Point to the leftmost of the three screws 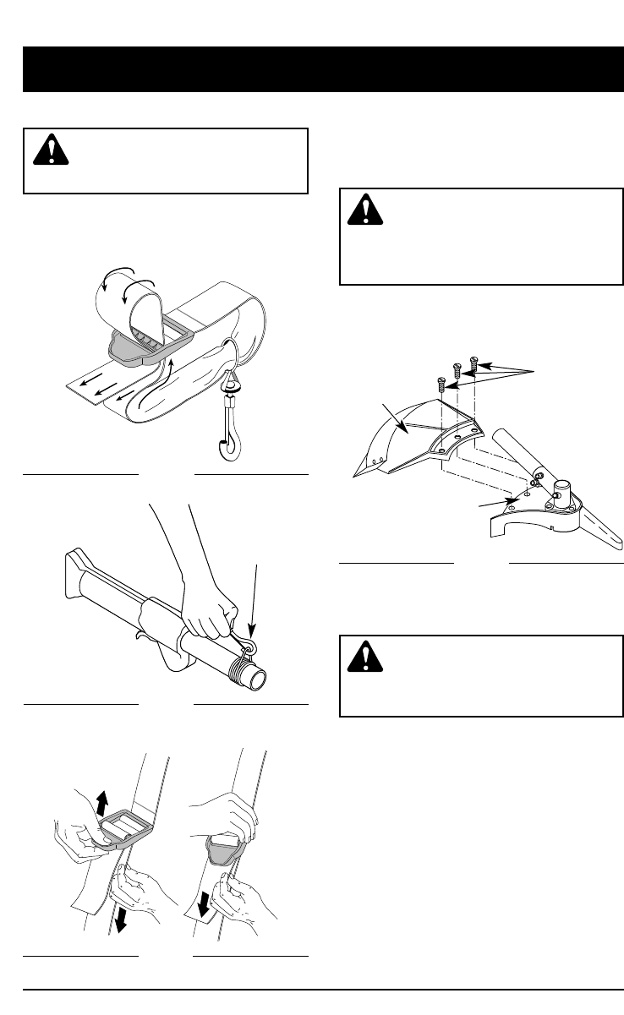coord(441,384)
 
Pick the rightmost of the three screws coord(473,365)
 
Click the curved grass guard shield coord(406,439)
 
